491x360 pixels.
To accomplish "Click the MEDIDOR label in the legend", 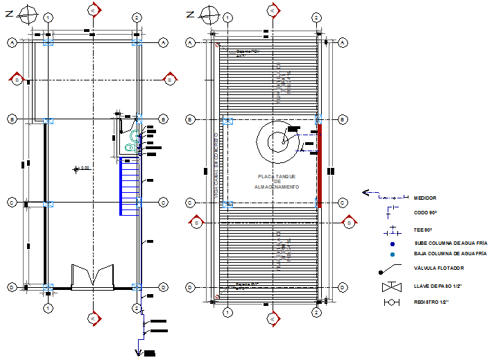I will (424, 198).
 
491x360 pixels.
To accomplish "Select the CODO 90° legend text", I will (425, 212).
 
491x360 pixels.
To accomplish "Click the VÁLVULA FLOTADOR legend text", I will (438, 268).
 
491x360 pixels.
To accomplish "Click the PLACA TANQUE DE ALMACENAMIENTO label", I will (276, 182).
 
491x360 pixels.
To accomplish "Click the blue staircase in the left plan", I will (130, 185).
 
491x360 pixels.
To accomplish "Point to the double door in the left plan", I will (92, 276).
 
